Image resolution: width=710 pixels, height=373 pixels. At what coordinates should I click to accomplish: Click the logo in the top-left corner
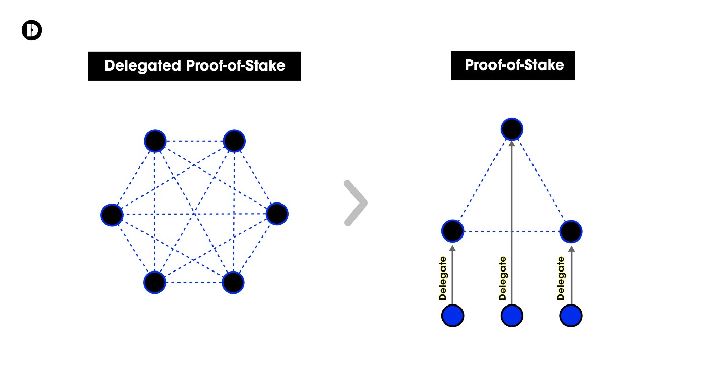pos(31,30)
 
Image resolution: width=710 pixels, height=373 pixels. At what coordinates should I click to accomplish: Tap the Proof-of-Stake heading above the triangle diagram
pos(514,65)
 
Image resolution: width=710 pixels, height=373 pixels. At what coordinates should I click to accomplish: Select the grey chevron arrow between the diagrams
pos(356,202)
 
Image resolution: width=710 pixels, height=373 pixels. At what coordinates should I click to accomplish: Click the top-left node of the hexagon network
pos(155,141)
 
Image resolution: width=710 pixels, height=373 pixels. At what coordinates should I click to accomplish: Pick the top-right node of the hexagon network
pos(234,141)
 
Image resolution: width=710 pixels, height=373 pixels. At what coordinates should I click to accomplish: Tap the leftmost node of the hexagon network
pos(112,215)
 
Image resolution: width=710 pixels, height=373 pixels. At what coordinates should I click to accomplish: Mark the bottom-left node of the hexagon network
pos(155,282)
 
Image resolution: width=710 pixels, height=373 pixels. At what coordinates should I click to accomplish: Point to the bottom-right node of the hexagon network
pos(233,282)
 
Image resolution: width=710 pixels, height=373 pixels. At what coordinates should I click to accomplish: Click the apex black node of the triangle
pos(512,129)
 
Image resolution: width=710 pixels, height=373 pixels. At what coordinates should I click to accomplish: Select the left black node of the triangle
pos(452,231)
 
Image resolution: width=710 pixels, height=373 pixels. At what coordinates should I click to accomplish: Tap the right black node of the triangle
pos(571,231)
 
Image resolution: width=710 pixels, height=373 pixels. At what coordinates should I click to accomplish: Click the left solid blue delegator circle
pos(452,316)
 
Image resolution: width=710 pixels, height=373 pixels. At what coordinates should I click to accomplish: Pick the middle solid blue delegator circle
pos(512,316)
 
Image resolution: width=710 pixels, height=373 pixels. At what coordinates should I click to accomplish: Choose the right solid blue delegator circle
pos(571,316)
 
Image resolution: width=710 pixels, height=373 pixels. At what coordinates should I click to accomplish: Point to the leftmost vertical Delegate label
pos(443,279)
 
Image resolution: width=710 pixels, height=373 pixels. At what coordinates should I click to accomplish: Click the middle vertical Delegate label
pos(502,279)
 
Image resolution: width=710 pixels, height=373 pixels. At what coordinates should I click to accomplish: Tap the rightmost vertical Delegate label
pos(561,279)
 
